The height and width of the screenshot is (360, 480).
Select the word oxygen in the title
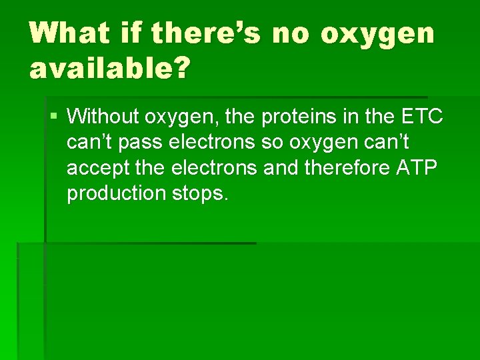click(x=377, y=33)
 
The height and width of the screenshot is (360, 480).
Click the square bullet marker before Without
click(x=53, y=117)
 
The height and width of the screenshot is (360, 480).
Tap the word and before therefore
click(x=281, y=168)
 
